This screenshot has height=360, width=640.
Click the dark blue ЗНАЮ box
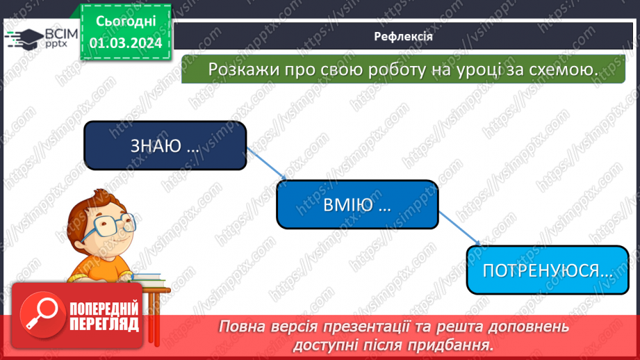[x=165, y=145]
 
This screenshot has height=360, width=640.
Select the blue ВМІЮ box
[x=357, y=204]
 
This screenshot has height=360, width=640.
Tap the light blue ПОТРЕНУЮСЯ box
[x=541, y=270]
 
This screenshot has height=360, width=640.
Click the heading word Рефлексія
[x=403, y=37]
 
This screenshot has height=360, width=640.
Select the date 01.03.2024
[x=126, y=42]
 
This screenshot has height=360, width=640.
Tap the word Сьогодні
[x=126, y=22]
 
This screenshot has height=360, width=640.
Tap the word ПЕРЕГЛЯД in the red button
[x=104, y=324]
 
